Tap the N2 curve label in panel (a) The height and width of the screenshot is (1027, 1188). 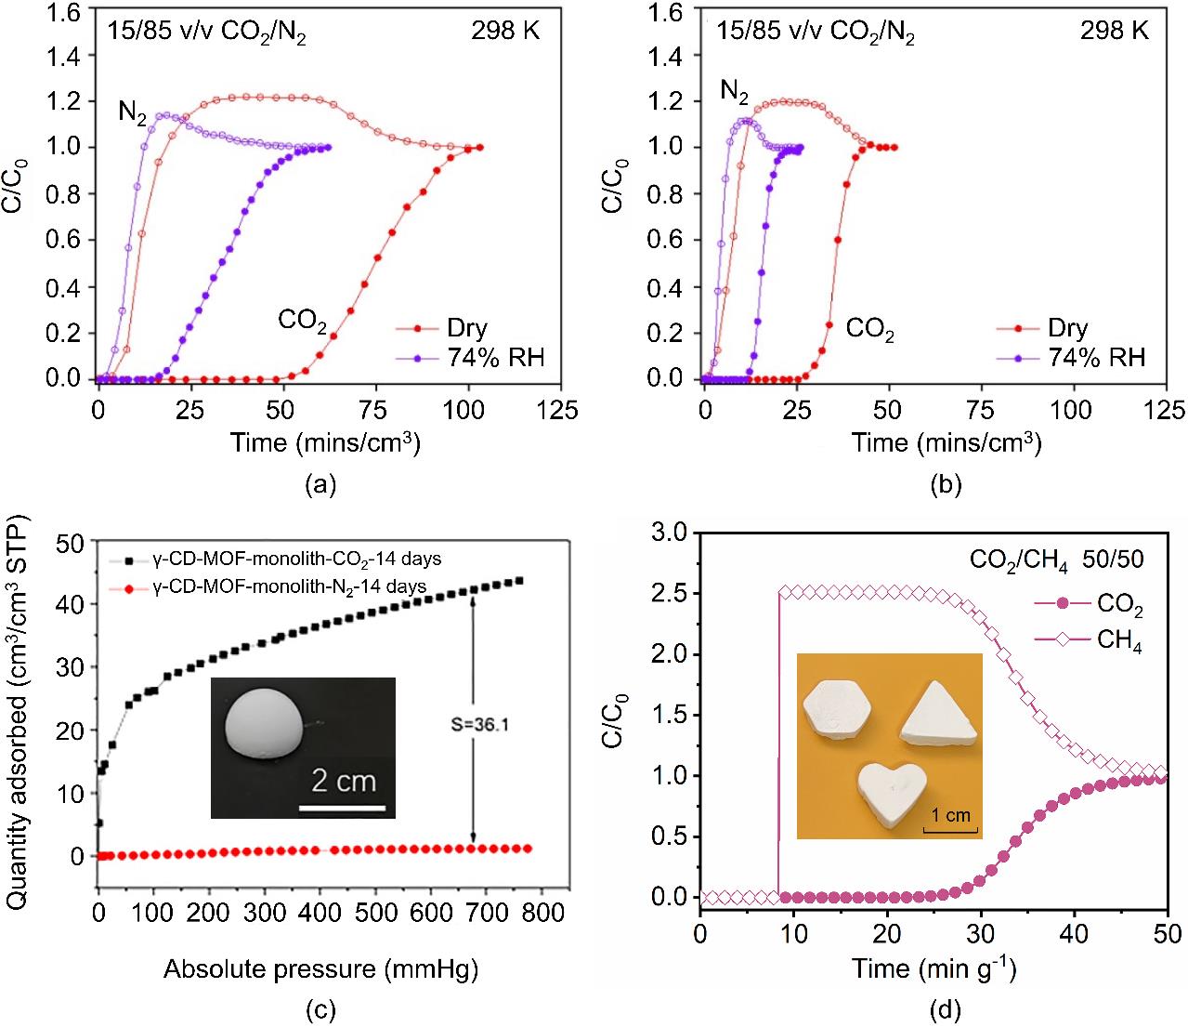tap(132, 113)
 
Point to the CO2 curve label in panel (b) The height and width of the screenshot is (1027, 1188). tap(869, 329)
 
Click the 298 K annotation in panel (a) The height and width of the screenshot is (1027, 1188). tap(504, 33)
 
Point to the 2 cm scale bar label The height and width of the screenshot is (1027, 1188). tap(344, 781)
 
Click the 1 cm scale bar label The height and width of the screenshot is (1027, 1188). tap(950, 816)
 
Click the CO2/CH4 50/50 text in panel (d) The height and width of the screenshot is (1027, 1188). tap(1056, 560)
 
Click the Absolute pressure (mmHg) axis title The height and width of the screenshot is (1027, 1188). tap(320, 970)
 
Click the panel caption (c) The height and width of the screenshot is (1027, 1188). tap(321, 1008)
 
